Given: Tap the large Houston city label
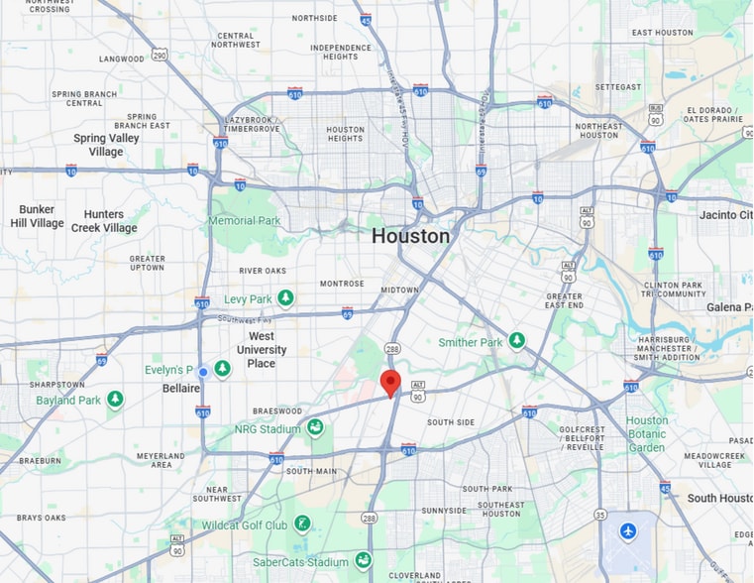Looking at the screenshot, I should point(410,236).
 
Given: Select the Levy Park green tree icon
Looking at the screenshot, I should point(286,297).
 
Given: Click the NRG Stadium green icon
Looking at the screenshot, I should point(315,427).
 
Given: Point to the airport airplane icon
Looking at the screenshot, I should point(627,531).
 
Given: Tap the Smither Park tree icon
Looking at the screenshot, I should point(517,341).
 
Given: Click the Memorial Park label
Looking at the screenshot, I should point(246,220).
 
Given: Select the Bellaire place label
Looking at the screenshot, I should point(181,389).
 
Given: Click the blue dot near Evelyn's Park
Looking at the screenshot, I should point(203,372).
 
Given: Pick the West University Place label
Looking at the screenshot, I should point(262,350).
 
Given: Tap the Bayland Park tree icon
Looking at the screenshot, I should point(116,400).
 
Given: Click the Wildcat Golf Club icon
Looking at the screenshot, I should point(302,523).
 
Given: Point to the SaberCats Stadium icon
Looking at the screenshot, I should point(364,560).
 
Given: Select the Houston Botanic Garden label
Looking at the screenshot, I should point(647,434).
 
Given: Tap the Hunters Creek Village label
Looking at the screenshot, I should point(104,221).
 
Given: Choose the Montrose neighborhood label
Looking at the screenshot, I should point(342,284).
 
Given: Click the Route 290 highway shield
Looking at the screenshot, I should point(159,55).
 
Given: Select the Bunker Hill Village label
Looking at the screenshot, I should point(38,216).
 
